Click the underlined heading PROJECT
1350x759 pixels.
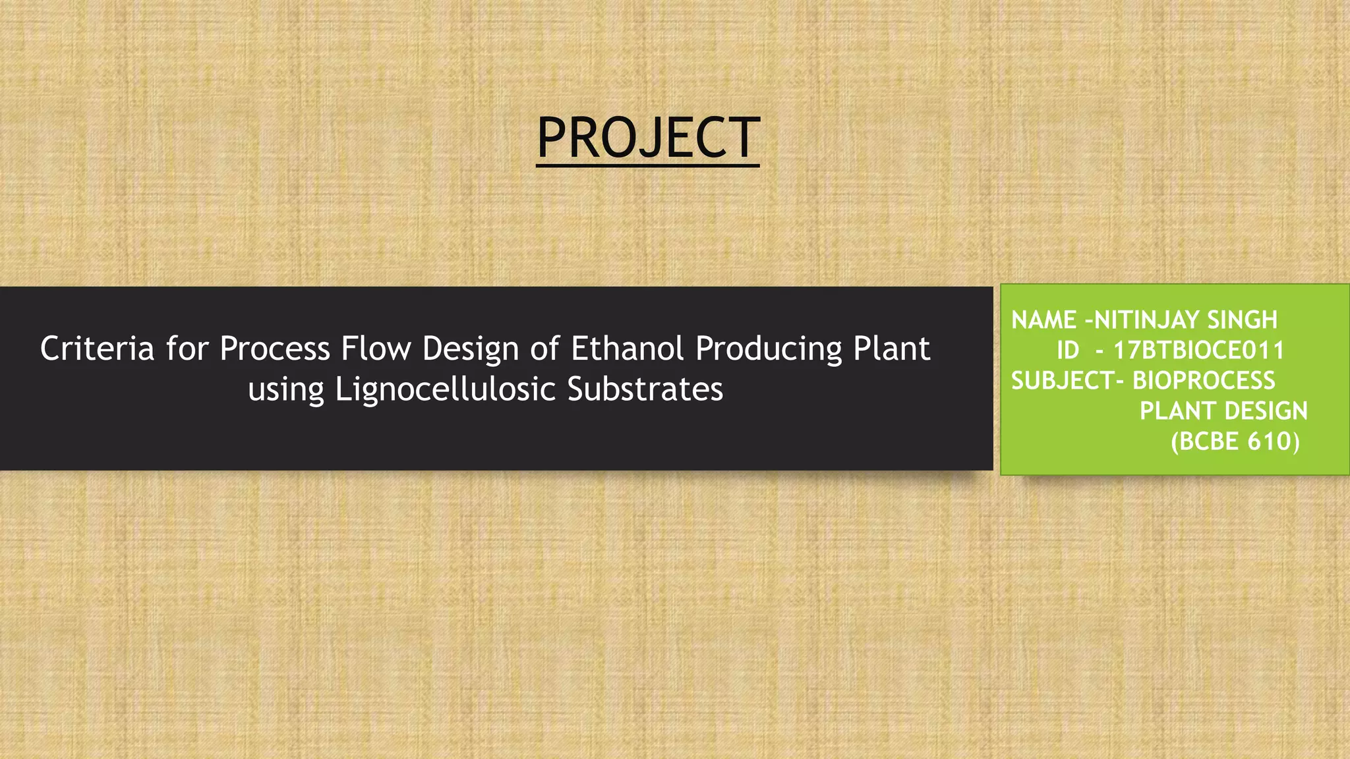pyautogui.click(x=648, y=138)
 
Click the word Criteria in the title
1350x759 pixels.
pyautogui.click(x=97, y=349)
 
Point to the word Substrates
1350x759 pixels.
pyautogui.click(x=645, y=389)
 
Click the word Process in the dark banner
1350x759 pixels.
pyautogui.click(x=274, y=349)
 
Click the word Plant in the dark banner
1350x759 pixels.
pyautogui.click(x=891, y=349)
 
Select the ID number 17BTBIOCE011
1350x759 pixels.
pyautogui.click(x=1198, y=351)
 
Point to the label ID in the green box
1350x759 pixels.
pyautogui.click(x=1068, y=351)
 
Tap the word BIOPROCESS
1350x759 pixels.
pyautogui.click(x=1204, y=381)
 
